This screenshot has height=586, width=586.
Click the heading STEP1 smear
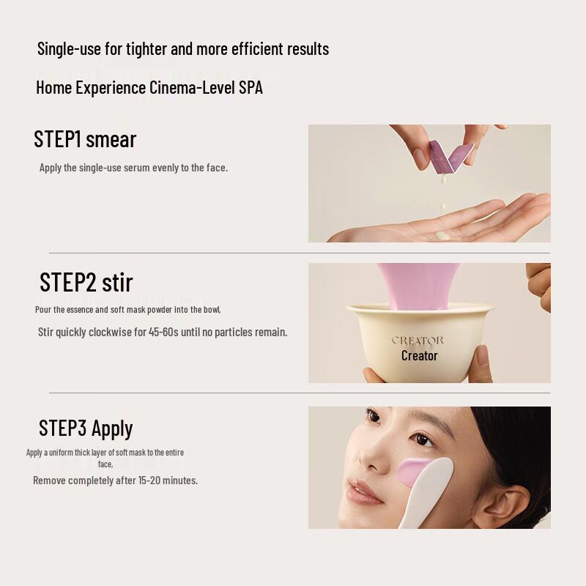85,139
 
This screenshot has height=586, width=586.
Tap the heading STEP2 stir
86,282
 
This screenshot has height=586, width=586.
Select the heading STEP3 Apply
86,428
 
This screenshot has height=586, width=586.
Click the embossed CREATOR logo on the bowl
418,341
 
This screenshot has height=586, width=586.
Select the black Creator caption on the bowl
419,356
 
